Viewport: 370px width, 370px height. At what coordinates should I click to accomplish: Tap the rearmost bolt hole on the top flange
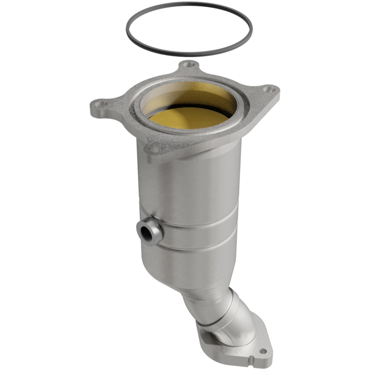pos(188,65)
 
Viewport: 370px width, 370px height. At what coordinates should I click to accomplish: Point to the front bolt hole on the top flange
pos(154,148)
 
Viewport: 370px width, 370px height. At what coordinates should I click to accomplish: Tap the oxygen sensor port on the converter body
pos(149,230)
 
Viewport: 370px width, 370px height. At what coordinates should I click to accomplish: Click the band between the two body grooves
pos(199,234)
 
